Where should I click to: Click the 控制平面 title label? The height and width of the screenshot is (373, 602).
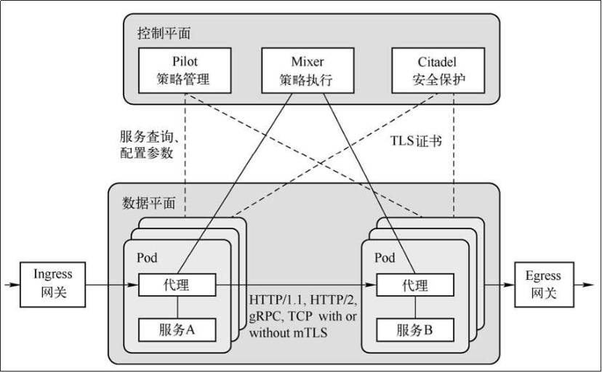(164, 33)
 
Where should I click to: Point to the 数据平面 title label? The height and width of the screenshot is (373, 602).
(150, 204)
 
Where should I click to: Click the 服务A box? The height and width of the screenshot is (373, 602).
(178, 329)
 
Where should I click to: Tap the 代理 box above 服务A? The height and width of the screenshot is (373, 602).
(178, 284)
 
